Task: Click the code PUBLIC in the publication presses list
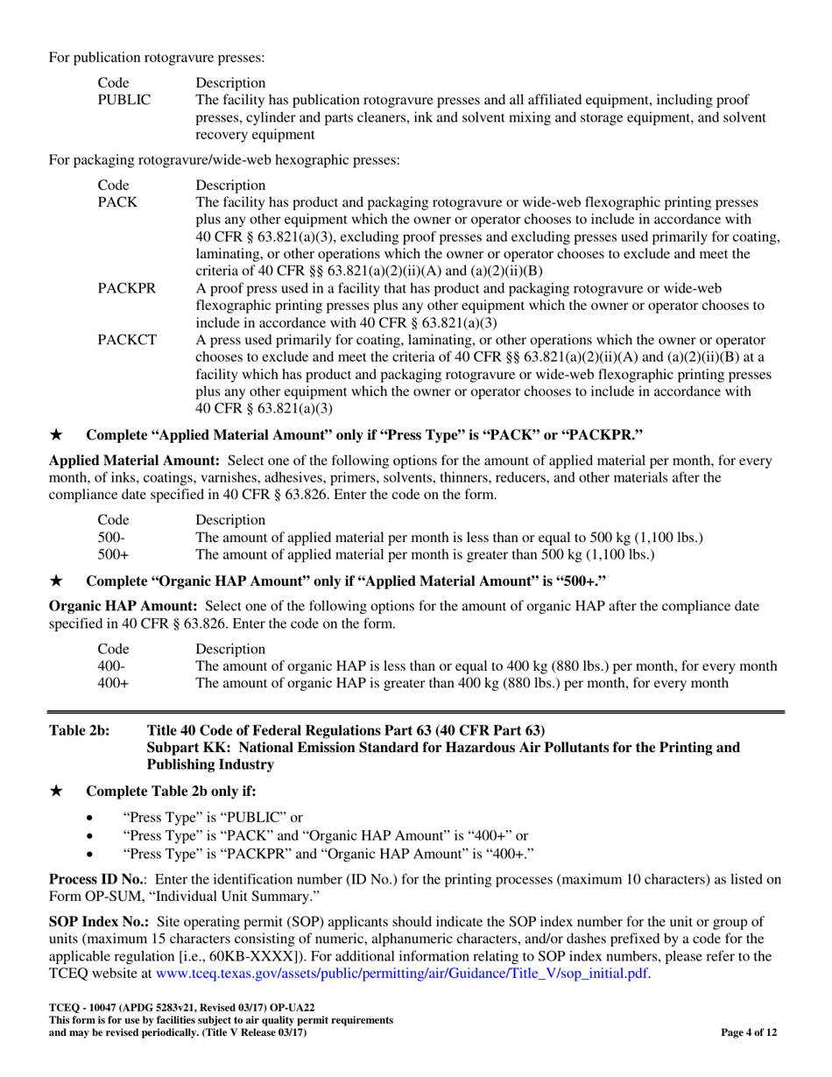pos(123,101)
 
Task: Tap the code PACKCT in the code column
pos(127,336)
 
